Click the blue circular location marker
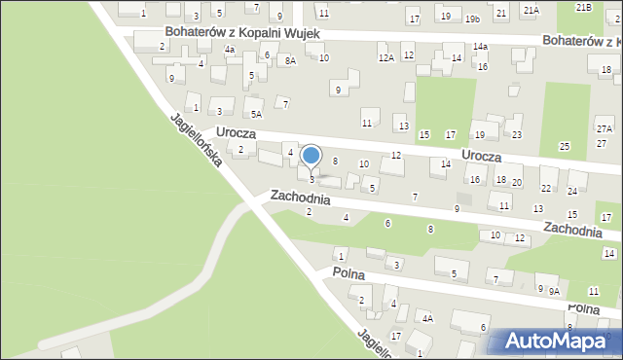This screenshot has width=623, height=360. pos(311,156)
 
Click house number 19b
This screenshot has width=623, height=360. pos(472,18)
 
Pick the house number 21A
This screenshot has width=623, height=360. pos(531,9)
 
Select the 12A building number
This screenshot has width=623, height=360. pos(386,58)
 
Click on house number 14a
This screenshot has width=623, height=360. pos(481,46)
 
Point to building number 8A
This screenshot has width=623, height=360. pos(289,60)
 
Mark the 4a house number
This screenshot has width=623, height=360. pos(230,49)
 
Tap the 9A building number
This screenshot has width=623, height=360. pos(554,291)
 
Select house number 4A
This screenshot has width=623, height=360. pos(426,317)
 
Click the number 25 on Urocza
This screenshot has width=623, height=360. pos(564,146)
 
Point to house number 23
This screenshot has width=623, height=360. pos(517,134)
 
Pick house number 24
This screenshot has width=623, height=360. pos(572,191)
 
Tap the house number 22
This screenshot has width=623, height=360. pos(546,188)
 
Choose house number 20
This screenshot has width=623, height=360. pos(517,183)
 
